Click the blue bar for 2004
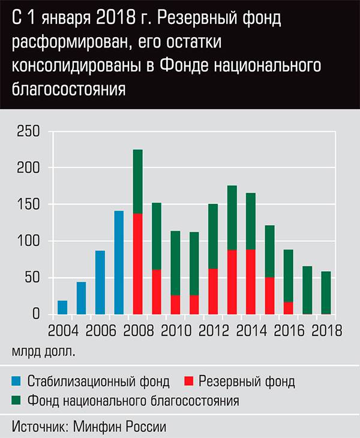pyautogui.click(x=62, y=307)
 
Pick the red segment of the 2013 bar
pyautogui.click(x=232, y=282)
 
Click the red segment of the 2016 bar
pyautogui.click(x=289, y=308)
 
